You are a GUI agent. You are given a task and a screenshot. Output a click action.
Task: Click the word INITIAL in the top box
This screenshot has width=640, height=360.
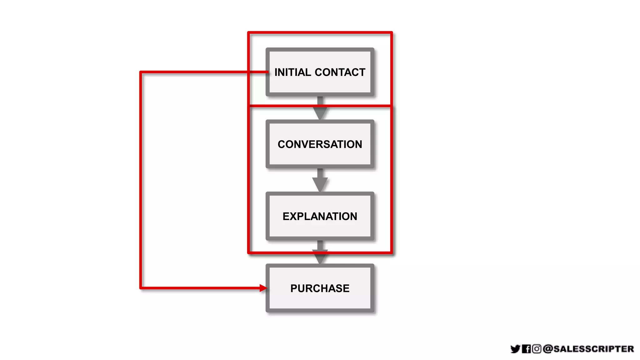[292, 72]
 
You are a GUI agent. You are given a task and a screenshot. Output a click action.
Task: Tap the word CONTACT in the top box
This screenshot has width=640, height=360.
[340, 72]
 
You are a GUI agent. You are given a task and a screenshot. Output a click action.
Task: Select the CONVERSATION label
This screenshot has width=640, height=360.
[320, 144]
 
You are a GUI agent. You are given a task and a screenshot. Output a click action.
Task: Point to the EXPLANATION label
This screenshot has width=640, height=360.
[320, 216]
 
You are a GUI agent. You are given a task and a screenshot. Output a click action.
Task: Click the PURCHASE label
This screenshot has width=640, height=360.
[320, 288]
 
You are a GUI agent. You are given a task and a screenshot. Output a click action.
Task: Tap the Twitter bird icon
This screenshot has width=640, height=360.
[515, 349]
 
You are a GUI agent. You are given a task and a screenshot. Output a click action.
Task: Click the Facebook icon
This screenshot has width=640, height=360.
[526, 349]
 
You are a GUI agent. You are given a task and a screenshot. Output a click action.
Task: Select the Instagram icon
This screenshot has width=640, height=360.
[537, 349]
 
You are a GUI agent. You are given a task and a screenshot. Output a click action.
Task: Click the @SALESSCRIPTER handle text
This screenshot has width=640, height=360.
[588, 349]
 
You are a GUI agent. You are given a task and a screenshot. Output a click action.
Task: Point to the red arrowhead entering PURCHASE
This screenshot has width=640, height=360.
[263, 288]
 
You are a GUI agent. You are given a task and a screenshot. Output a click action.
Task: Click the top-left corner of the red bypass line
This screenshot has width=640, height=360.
[141, 72]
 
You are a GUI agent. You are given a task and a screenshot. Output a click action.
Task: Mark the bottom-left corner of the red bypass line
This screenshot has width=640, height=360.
[141, 288]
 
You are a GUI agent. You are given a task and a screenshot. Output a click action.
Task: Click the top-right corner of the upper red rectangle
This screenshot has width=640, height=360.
[391, 32]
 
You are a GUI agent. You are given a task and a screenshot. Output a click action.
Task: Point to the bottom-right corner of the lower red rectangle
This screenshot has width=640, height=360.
[391, 252]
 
